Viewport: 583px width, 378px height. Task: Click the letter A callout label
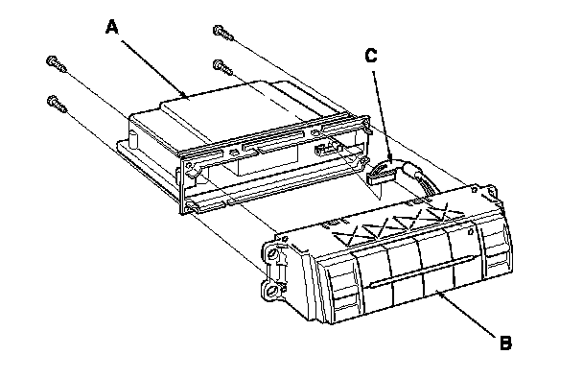(112, 28)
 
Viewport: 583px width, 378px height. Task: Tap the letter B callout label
(505, 343)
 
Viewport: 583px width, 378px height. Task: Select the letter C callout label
(371, 56)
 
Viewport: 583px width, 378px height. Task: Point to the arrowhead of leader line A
(185, 96)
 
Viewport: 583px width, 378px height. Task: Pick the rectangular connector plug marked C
(381, 173)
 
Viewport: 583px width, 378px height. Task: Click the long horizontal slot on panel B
(422, 272)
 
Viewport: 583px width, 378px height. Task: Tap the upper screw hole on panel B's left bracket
(272, 253)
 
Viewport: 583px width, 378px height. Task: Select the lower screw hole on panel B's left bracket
(272, 291)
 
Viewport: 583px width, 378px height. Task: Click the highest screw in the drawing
(223, 33)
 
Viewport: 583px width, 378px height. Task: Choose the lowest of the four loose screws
(57, 104)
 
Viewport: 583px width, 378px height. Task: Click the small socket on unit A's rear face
(324, 150)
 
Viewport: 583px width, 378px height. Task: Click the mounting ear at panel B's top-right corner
(492, 191)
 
